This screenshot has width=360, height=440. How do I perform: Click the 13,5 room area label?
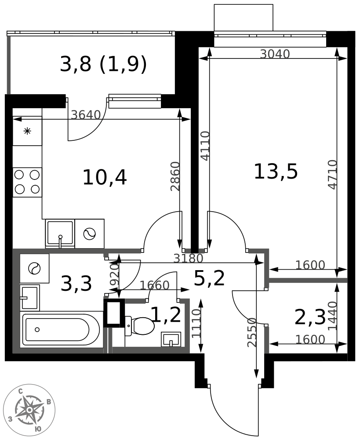click(x=276, y=172)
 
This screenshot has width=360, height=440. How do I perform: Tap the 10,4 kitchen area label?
click(x=105, y=177)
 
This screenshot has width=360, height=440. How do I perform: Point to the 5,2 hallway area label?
click(x=209, y=279)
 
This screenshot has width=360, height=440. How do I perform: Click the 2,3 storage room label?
click(x=310, y=317)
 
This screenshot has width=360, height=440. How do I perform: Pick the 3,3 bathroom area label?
click(x=76, y=283)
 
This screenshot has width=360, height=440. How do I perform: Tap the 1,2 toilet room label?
click(x=166, y=314)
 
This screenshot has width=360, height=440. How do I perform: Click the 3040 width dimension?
click(x=275, y=54)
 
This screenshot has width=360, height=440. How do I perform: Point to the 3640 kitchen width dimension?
click(x=86, y=115)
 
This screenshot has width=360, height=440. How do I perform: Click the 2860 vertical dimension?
click(x=175, y=176)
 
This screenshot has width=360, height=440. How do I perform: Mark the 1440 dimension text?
click(x=332, y=316)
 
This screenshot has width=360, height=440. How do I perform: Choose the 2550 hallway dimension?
click(x=252, y=332)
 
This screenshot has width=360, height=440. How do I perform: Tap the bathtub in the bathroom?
click(x=61, y=330)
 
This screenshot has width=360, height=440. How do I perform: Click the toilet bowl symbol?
click(x=140, y=326)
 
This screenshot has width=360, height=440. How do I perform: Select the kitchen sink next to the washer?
click(x=60, y=234)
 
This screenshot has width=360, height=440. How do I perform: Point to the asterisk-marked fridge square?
click(x=27, y=131)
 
